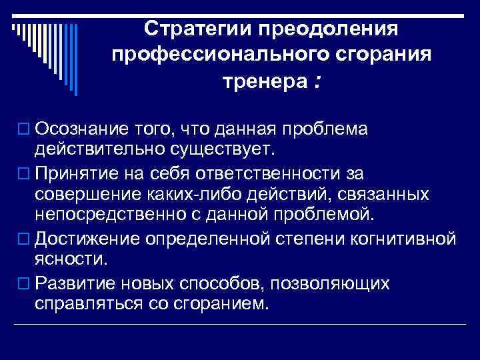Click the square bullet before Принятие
(25, 175)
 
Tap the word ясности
(66, 257)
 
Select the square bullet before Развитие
(25, 283)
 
